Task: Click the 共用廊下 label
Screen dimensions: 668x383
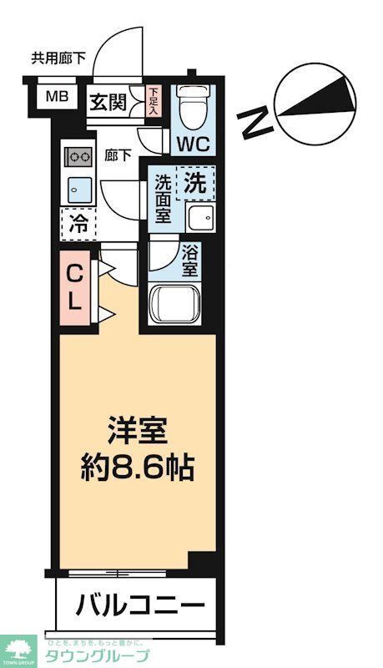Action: (58, 58)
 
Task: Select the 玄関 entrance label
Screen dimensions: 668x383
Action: (108, 103)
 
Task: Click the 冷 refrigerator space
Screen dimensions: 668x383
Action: (78, 223)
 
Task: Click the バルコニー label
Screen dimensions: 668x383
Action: (139, 603)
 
